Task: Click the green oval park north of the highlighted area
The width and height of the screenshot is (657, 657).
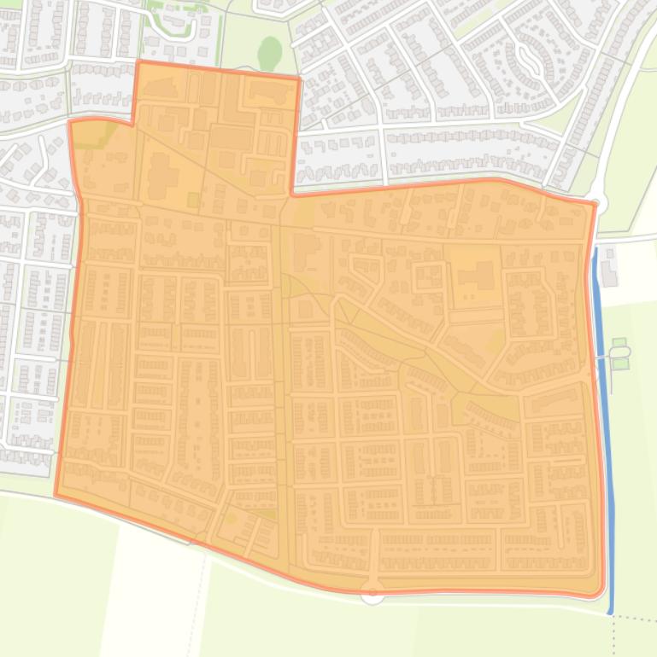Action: coord(270,54)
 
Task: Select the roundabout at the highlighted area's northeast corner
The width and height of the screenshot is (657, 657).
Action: coord(597,203)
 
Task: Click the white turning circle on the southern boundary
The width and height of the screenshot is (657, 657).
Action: coord(372,593)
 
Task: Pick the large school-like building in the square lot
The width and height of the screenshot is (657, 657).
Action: coord(477,276)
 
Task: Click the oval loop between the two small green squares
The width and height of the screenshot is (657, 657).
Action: coord(619,352)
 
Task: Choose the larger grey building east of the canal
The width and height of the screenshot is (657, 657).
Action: coord(609,272)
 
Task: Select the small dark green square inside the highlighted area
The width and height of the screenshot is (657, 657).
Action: coord(193,200)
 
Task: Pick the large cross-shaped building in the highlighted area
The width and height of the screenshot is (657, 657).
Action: coord(161,176)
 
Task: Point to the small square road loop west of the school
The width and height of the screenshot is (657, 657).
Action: coord(429,276)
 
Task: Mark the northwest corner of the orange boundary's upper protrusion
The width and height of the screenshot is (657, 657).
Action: coord(138,62)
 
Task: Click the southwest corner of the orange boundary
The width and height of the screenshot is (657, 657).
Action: coord(56,494)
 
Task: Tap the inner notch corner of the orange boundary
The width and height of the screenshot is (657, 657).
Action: coord(293,195)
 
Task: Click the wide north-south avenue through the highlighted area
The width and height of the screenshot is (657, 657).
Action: coord(282,384)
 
